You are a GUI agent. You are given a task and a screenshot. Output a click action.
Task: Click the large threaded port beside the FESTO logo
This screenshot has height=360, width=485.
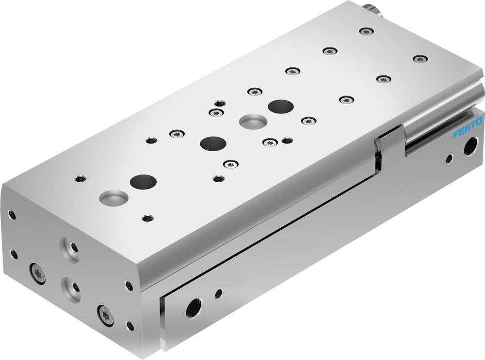pyautogui.click(x=469, y=146)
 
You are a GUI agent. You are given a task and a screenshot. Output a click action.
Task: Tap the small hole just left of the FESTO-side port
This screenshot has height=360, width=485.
pyautogui.click(x=450, y=158)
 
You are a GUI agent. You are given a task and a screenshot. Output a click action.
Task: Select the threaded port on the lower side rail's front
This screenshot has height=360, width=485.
pyautogui.click(x=192, y=308)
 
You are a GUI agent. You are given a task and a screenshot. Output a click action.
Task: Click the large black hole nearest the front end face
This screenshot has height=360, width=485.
pyautogui.click(x=144, y=182)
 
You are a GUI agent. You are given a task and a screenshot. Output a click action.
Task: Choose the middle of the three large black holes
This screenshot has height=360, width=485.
pyautogui.click(x=213, y=143)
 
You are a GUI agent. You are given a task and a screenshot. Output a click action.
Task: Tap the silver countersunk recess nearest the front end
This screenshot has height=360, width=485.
pyautogui.click(x=113, y=197)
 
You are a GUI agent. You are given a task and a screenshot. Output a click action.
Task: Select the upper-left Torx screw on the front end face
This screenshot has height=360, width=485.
pyautogui.click(x=38, y=273)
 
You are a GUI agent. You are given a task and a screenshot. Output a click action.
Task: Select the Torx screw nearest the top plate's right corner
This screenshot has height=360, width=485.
pyautogui.click(x=420, y=59)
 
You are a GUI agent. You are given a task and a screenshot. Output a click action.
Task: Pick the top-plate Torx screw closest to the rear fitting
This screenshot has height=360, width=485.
pyautogui.click(x=366, y=31)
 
